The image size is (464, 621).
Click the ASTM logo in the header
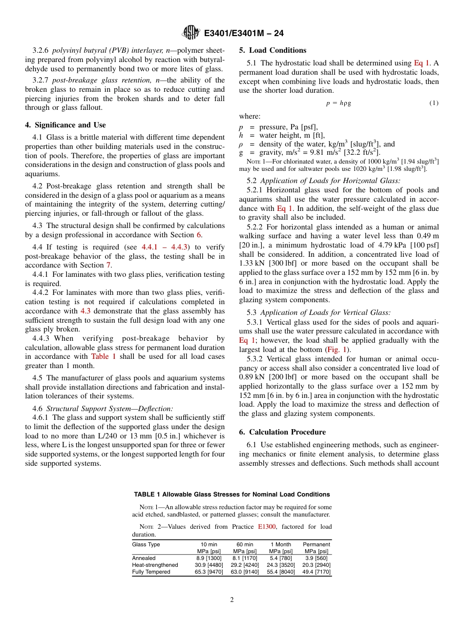click(190, 33)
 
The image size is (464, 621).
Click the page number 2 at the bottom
click(232, 600)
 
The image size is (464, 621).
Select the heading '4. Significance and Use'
click(65, 125)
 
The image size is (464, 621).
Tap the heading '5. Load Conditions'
click(273, 50)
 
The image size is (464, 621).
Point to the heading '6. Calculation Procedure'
click(282, 432)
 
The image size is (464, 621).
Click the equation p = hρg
click(338, 103)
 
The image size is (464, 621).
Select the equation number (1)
click(434, 103)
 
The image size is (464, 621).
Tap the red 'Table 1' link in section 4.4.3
click(104, 356)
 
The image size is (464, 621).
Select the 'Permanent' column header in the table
click(316, 544)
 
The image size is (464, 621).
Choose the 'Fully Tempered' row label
click(151, 572)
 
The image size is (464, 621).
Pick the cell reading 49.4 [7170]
click(316, 572)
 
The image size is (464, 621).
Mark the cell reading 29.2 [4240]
click(245, 565)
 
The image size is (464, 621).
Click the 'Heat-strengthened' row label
click(155, 565)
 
